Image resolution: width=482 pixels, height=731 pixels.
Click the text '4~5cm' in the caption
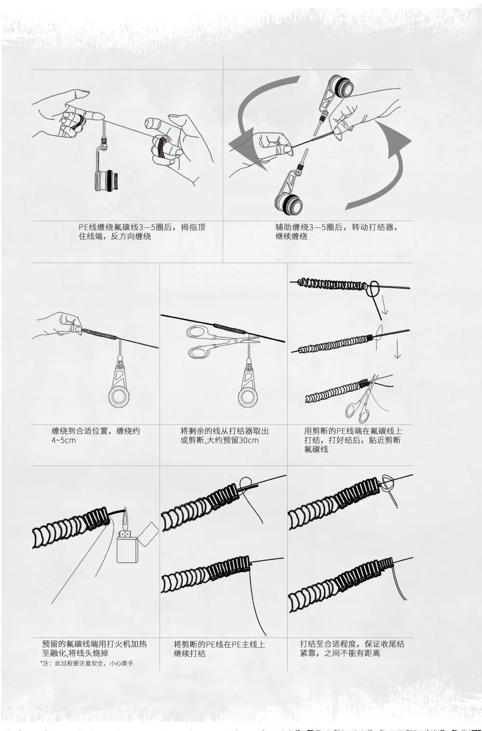pyautogui.click(x=64, y=440)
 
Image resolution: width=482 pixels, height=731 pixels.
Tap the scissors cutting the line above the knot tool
pyautogui.click(x=212, y=341)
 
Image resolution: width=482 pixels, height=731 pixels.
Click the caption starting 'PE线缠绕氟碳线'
pyautogui.click(x=142, y=231)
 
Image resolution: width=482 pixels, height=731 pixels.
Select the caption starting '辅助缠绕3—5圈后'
pyautogui.click(x=337, y=231)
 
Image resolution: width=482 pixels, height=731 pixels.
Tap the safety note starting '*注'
pyautogui.click(x=87, y=664)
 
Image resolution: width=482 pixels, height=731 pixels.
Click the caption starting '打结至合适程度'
pyautogui.click(x=352, y=649)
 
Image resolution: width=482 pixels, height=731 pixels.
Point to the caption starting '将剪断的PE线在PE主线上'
pyautogui.click(x=219, y=649)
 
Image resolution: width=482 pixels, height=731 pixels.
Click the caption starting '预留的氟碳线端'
pyautogui.click(x=94, y=649)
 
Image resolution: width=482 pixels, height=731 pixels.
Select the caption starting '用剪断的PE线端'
pyautogui.click(x=352, y=440)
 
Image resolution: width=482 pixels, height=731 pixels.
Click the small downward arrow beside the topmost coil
pyautogui.click(x=384, y=306)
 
